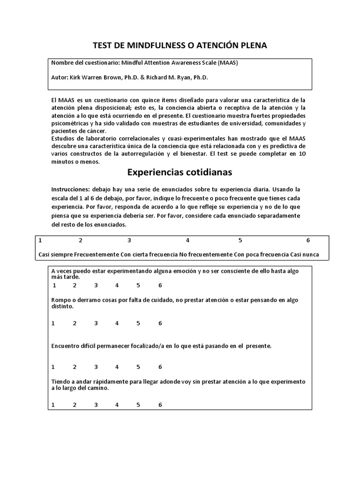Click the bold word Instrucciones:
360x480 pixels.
coord(71,189)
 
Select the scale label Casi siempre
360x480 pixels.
coord(55,255)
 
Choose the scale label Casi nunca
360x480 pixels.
coord(305,255)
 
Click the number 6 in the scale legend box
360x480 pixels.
coord(308,240)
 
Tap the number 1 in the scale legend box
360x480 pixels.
coord(40,240)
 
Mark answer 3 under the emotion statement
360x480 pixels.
coord(96,285)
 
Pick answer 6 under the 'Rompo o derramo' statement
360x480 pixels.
coord(160,323)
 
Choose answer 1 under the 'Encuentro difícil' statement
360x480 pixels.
coord(53,367)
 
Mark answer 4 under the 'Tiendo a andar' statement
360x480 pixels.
coord(117,405)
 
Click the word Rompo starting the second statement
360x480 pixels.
coord(60,300)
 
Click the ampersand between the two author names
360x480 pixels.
coord(142,77)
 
